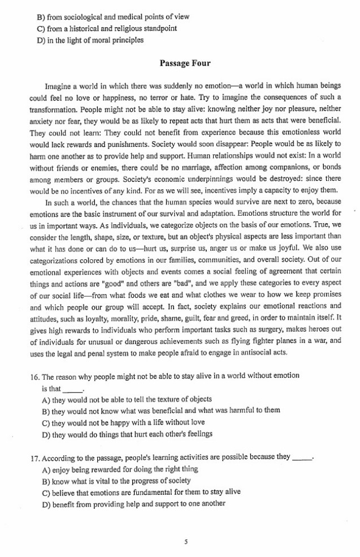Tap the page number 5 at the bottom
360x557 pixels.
tap(185, 541)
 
